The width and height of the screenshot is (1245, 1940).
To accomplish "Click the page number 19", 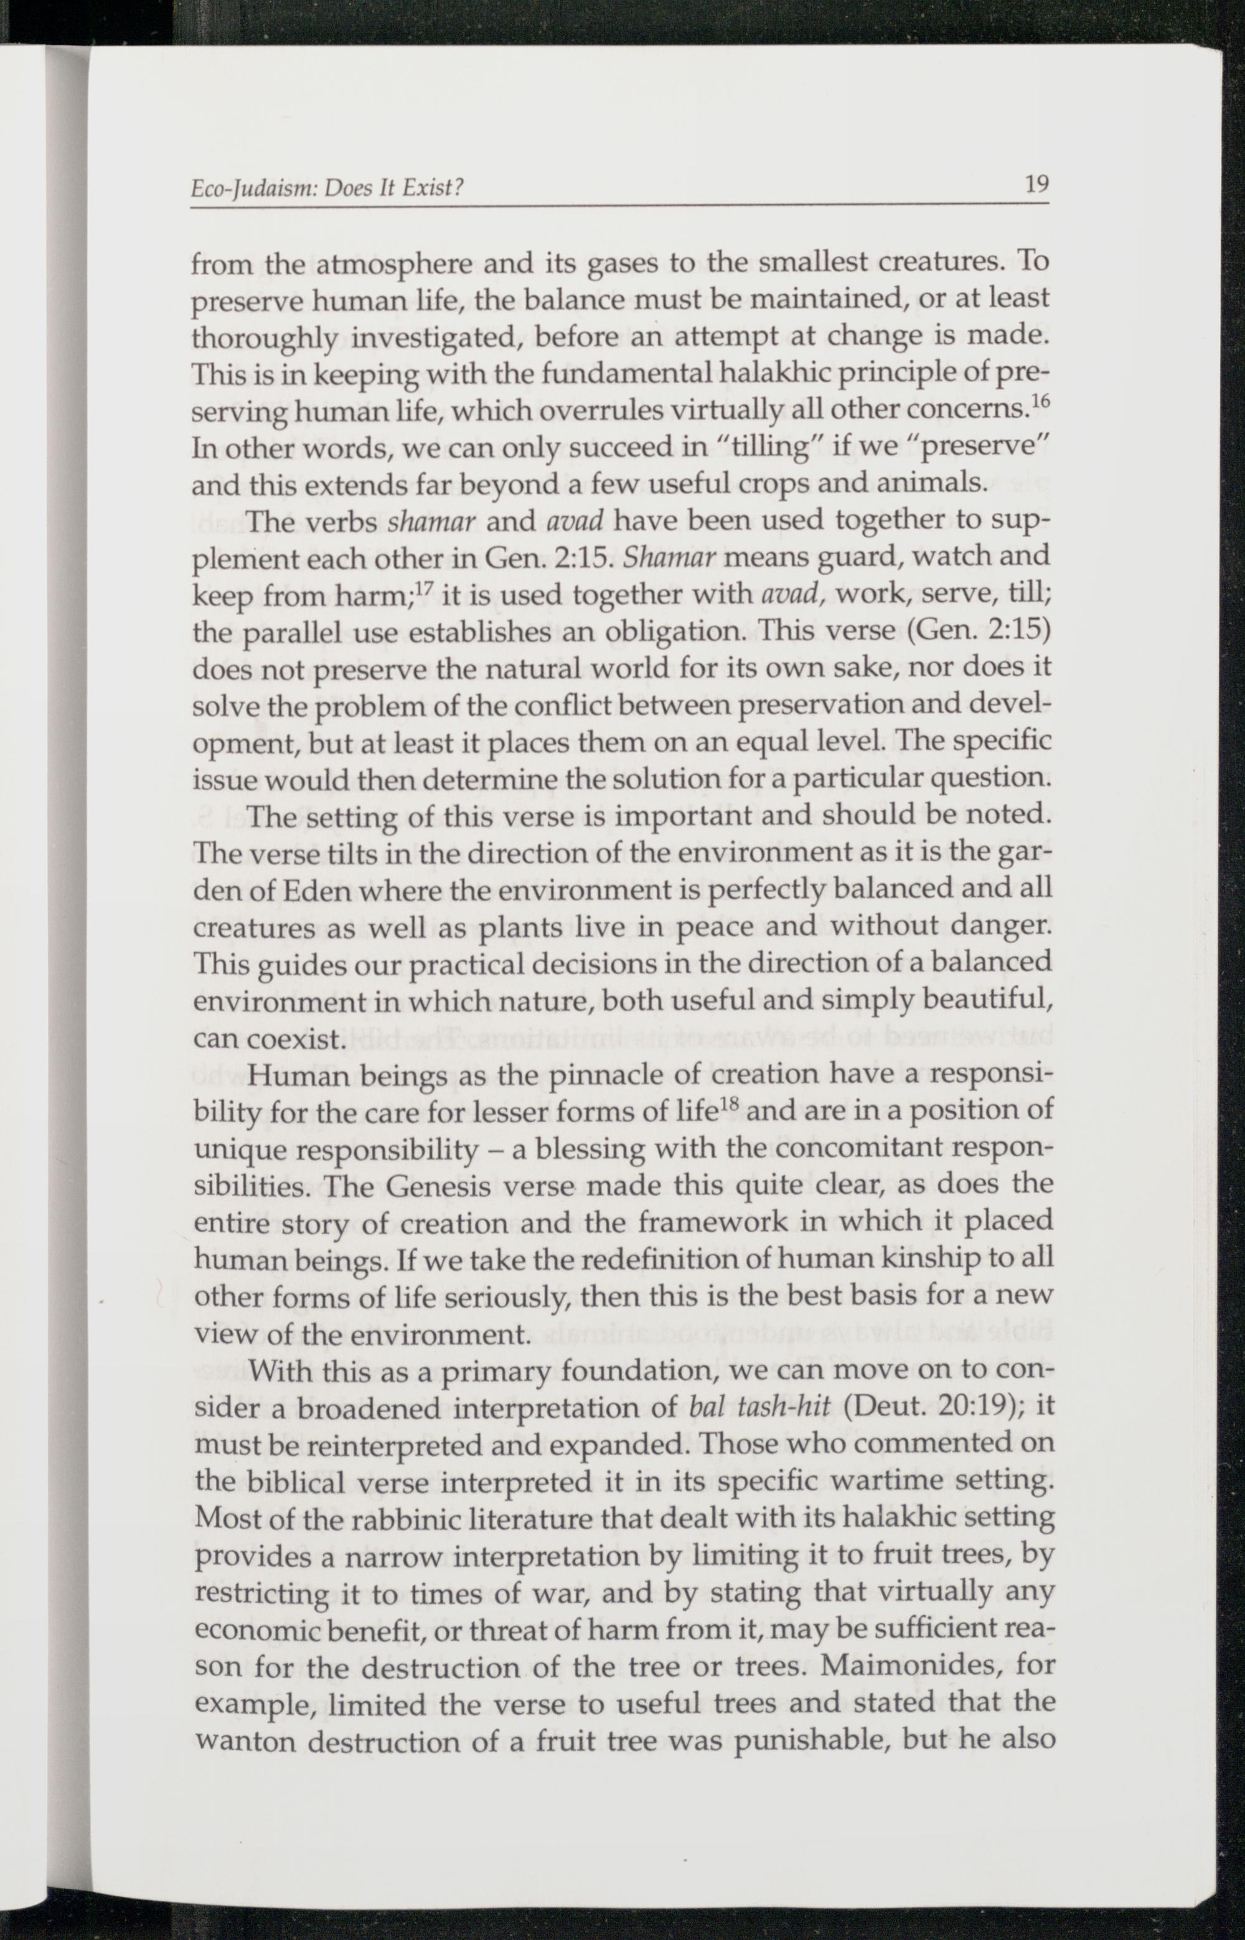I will coord(1036,185).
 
